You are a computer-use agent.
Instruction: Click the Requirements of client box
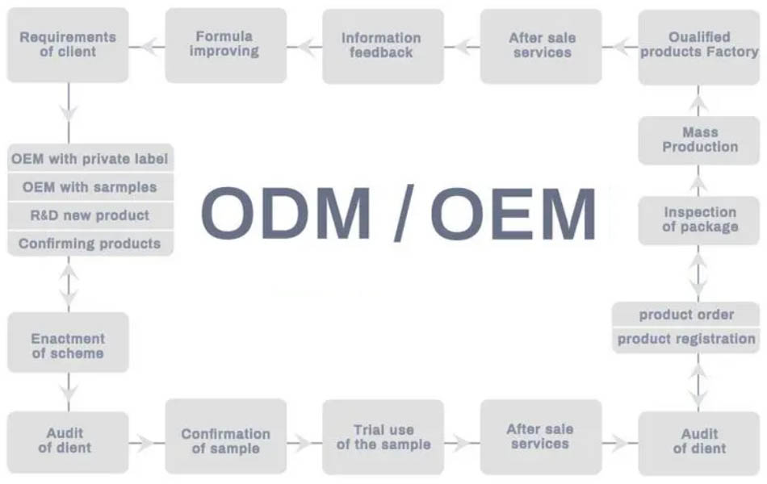[x=68, y=45]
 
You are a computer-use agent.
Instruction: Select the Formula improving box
[x=226, y=45]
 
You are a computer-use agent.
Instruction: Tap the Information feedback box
[x=383, y=46]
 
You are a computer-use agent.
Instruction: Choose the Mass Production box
[x=699, y=140]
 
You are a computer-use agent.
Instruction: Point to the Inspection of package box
[x=699, y=220]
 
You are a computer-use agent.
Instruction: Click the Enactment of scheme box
[x=68, y=342]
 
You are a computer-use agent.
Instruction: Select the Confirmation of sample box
[x=226, y=436]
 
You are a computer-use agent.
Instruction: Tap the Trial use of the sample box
[x=383, y=437]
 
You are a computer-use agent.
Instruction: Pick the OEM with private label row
[x=90, y=158]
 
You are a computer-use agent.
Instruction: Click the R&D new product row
[x=90, y=215]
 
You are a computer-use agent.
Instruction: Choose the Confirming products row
[x=90, y=244]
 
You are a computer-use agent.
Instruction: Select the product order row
[x=685, y=315]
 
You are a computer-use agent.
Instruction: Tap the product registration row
[x=685, y=340]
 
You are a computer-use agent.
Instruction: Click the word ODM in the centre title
[x=286, y=213]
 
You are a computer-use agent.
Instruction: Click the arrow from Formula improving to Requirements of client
[x=147, y=47]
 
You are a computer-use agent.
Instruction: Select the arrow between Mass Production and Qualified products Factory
[x=698, y=101]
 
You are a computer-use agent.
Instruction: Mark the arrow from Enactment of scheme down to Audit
[x=69, y=392]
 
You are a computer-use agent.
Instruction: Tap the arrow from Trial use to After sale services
[x=463, y=444]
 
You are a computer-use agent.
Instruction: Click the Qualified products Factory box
[x=699, y=47]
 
